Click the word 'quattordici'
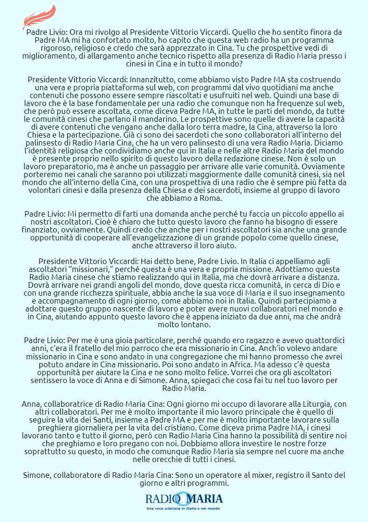pos(319,341)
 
